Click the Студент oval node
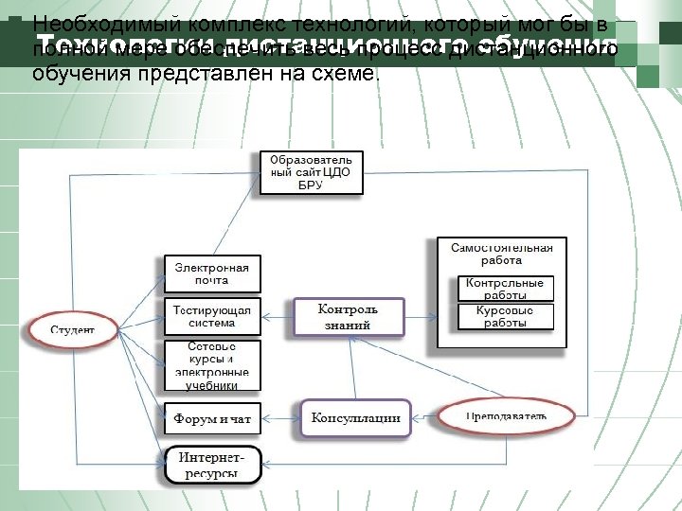click(72, 330)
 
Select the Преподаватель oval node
click(507, 416)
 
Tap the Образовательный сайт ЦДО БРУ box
click(311, 172)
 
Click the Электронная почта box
click(212, 273)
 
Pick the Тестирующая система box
click(212, 317)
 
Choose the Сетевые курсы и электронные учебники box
click(212, 365)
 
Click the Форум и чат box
click(212, 417)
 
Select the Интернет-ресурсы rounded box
click(212, 465)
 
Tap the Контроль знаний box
click(348, 317)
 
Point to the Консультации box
click(355, 417)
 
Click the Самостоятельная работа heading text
click(501, 254)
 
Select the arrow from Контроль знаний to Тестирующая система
click(278, 317)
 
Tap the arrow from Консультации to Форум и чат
click(281, 417)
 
